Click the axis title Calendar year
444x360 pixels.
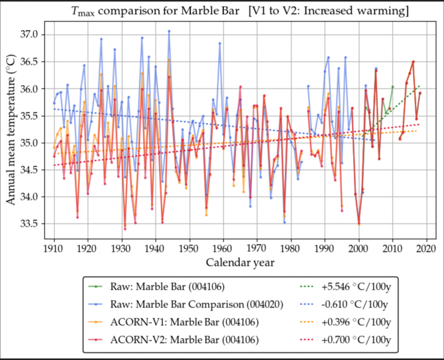coord(240,262)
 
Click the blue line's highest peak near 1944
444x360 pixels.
coord(169,31)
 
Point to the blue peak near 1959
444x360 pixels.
coord(220,43)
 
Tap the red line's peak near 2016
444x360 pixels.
coord(413,62)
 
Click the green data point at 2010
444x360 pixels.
coord(393,87)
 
